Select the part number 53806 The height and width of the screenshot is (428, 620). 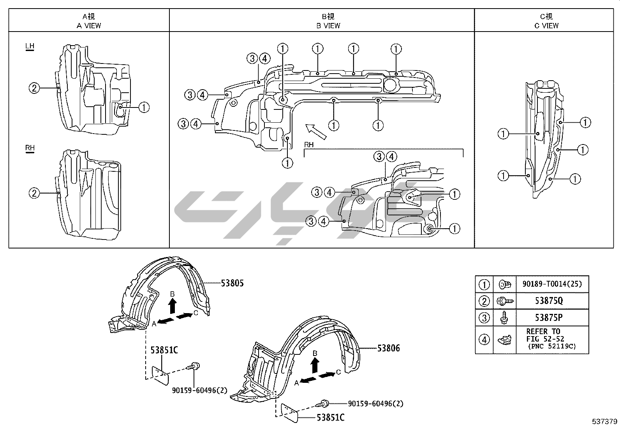coord(388,348)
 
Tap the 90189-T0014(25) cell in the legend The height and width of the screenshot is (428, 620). coord(552,284)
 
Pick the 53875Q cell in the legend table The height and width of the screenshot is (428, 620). coord(552,301)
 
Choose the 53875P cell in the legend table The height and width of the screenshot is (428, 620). coord(552,317)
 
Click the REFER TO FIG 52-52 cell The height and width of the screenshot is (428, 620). coord(552,338)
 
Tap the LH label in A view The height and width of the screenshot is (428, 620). coord(30,46)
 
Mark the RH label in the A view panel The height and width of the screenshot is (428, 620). coord(30,148)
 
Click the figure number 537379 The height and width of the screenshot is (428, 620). coord(604,421)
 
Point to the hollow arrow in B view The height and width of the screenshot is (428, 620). coord(315,131)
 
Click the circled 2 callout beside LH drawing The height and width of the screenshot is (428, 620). coord(34,88)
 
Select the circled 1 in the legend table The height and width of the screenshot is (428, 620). coord(484,284)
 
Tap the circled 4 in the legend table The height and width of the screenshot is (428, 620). coord(484,340)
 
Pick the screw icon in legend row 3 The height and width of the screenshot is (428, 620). coord(504,318)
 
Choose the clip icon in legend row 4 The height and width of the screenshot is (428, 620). coord(504,340)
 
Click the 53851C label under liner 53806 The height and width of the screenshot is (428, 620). coord(330,418)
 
